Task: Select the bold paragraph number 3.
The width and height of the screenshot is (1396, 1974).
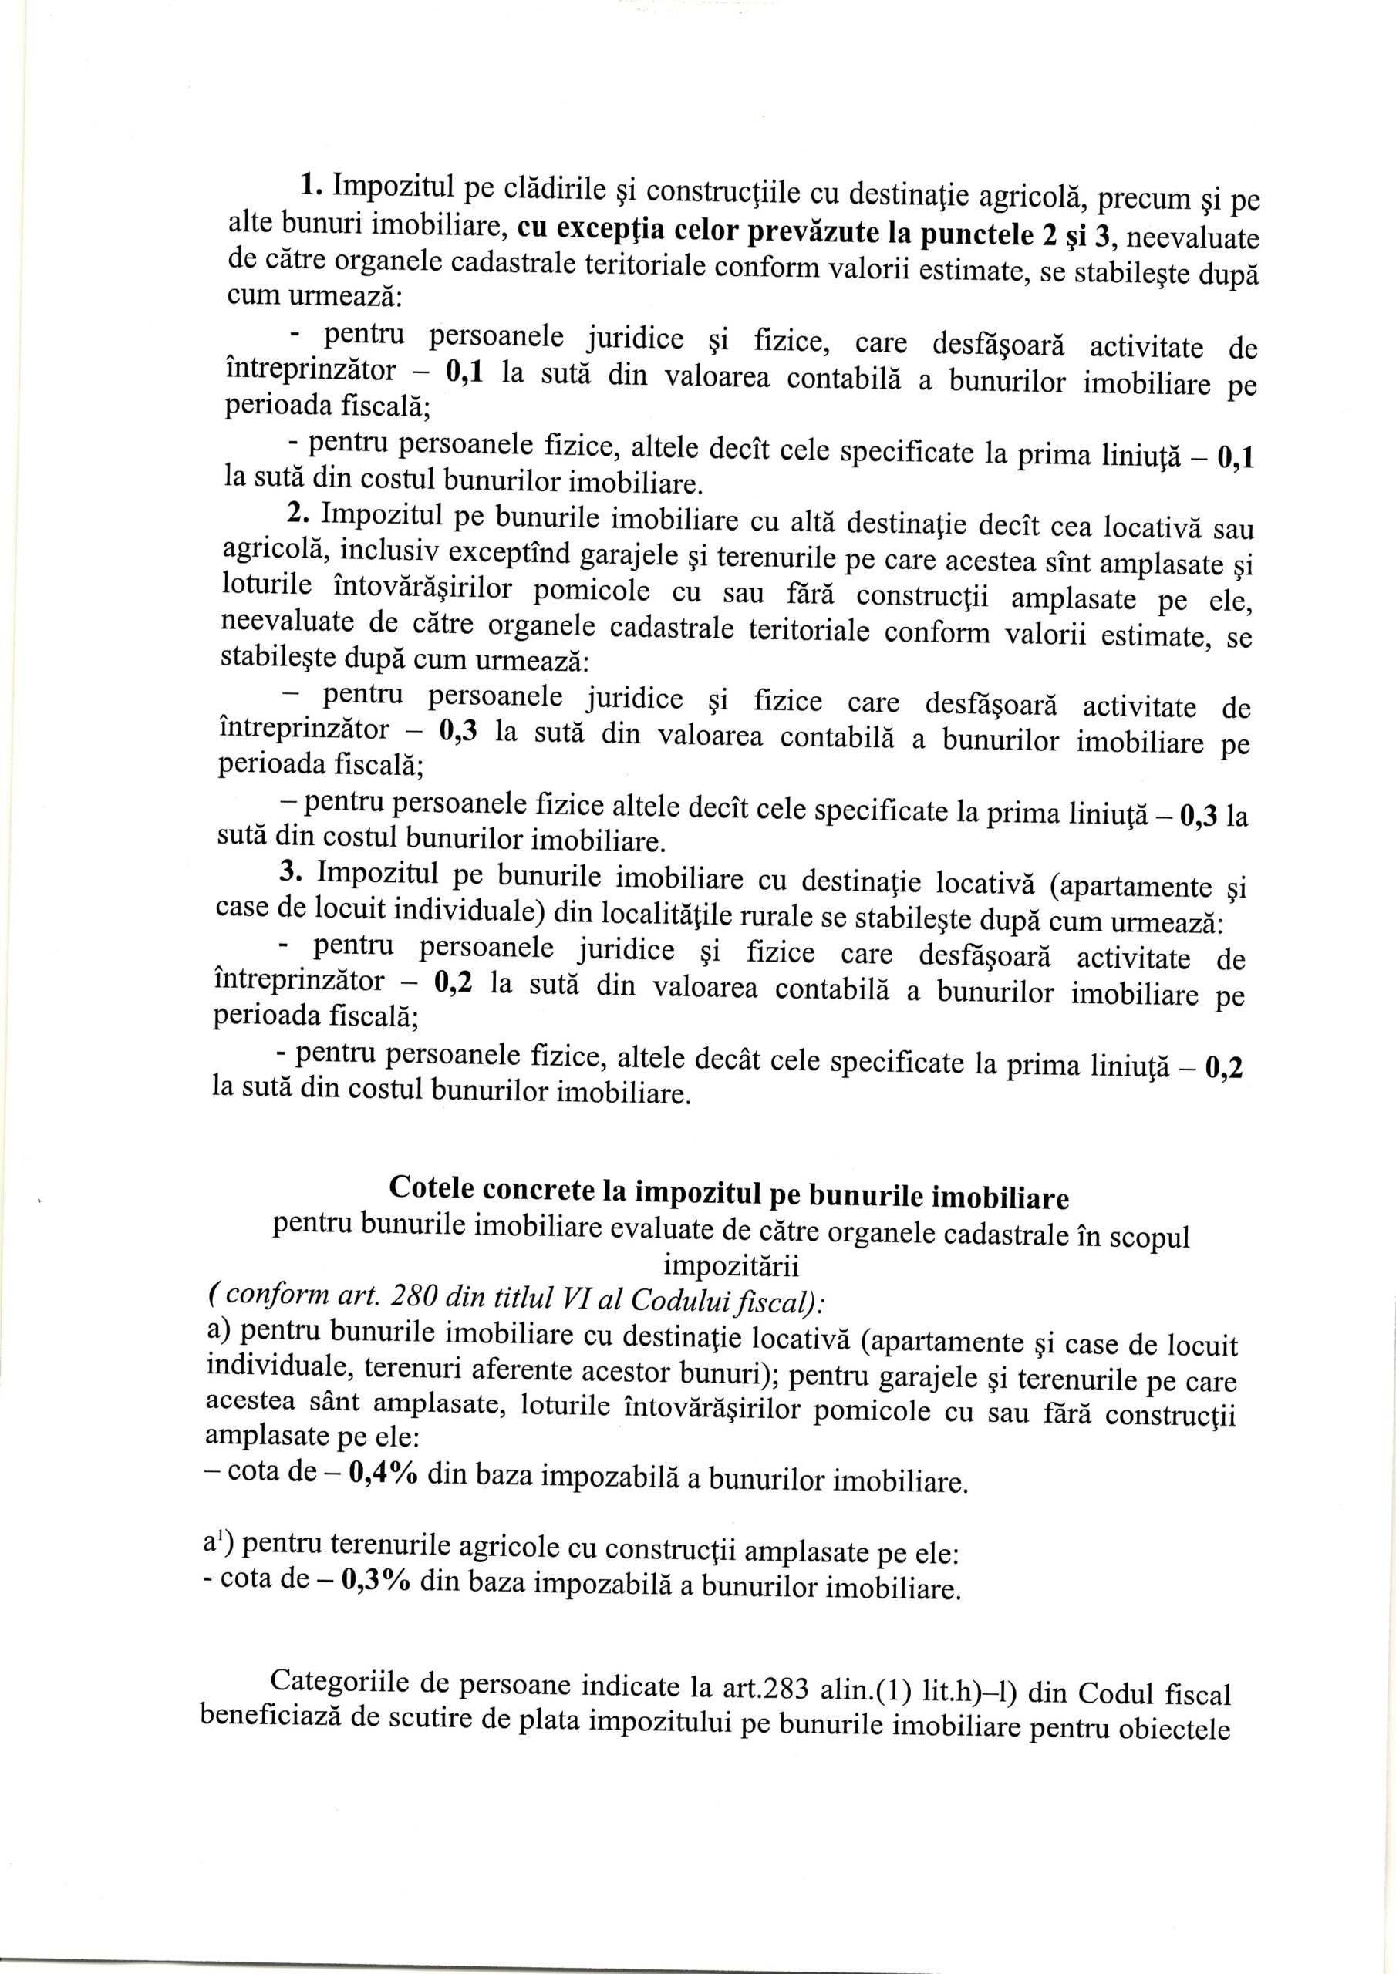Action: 292,871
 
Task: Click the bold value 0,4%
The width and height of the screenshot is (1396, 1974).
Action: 383,1473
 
